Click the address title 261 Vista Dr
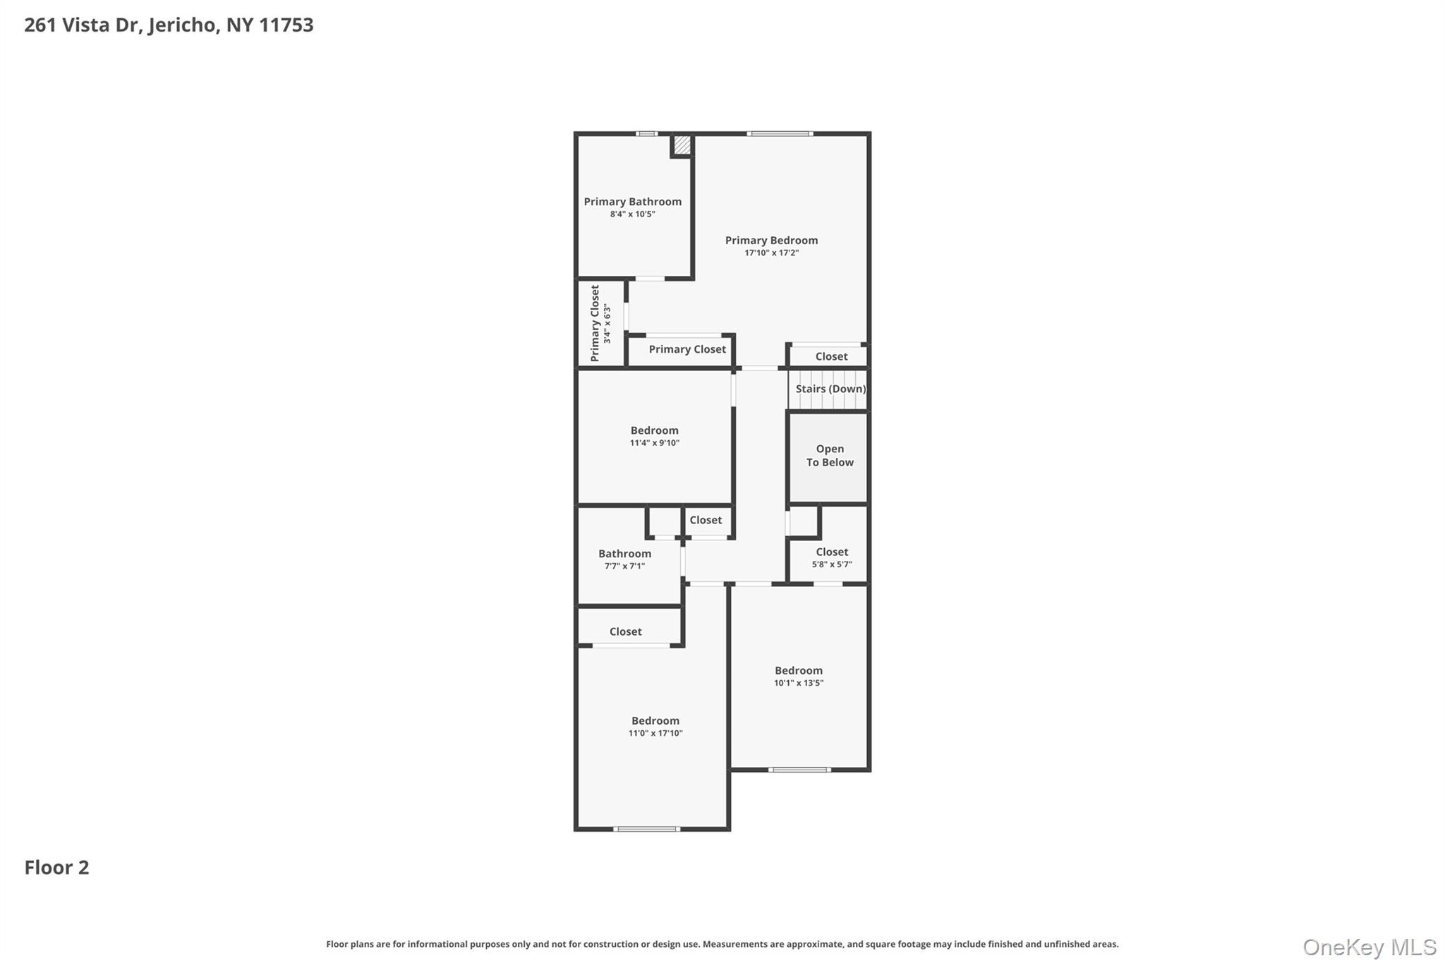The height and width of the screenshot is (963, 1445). coord(169,25)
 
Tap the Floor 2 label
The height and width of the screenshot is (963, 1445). coord(56,867)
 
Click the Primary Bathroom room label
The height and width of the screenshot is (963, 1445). coord(632,202)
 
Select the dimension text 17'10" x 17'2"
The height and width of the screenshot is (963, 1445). coord(771,253)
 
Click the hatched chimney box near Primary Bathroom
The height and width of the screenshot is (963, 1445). coord(682,145)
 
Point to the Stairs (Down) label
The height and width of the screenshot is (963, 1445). coord(830,389)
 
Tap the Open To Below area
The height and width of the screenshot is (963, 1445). coord(829,456)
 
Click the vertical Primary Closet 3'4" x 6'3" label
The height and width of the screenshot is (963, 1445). coord(600,323)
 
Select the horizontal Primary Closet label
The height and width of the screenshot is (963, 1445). coord(687,349)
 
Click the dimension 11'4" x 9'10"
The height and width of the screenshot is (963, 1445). coord(654,443)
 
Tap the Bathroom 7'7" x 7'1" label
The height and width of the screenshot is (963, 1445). coord(624,559)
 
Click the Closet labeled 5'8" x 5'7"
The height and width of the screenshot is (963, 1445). coord(831,557)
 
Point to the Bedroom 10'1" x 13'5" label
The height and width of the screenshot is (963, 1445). coord(798,676)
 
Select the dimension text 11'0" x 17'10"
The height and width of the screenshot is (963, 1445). coord(655,733)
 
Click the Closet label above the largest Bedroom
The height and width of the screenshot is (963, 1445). coord(625,631)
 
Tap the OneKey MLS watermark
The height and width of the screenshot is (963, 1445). coord(1369,947)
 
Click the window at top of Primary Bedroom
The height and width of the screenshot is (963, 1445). coord(780,133)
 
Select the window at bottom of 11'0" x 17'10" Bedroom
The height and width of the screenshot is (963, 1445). coord(646,829)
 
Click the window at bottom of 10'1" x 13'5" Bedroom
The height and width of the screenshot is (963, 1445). coord(799,770)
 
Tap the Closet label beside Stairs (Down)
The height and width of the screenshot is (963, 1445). coord(831,356)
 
